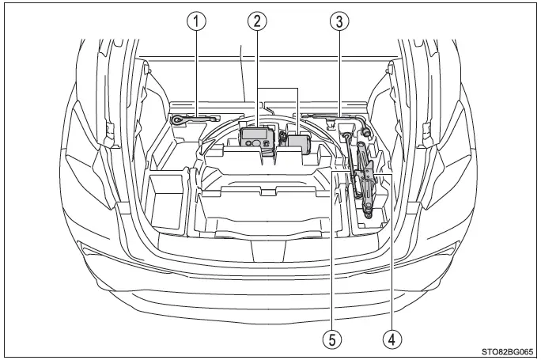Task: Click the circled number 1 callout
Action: (196, 21)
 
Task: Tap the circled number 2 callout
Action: (257, 21)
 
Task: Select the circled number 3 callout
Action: (339, 21)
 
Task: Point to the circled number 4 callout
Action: (392, 339)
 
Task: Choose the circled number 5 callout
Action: (332, 339)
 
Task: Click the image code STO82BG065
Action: (507, 352)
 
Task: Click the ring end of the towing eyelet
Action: (177, 120)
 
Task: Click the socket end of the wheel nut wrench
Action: (365, 131)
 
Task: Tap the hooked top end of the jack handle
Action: (346, 137)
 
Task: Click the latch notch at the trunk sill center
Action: (269, 251)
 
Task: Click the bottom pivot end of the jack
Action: (368, 214)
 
